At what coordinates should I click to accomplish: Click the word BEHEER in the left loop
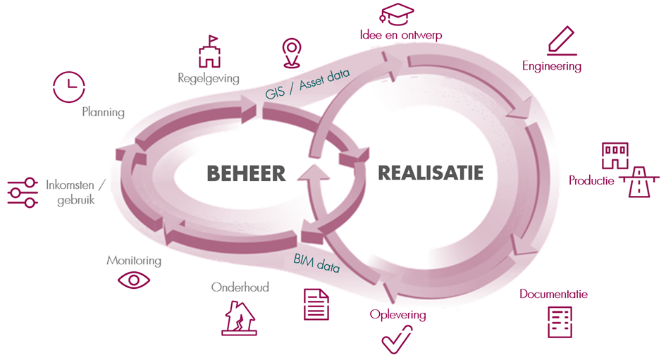point(246,173)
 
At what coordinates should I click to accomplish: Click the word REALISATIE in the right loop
point(431,173)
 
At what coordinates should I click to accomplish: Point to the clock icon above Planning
point(69,87)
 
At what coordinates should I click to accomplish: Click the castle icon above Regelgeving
point(209,53)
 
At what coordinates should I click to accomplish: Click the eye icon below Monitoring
point(134,280)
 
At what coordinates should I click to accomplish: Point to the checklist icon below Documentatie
point(559,321)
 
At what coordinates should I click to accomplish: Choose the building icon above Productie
point(615,155)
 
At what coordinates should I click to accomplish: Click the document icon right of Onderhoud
point(316,304)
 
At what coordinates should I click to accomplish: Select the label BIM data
point(317,262)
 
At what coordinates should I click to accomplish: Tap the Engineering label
point(552,66)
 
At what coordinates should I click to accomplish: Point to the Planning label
point(103,111)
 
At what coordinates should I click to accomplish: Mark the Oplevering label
point(397,314)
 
